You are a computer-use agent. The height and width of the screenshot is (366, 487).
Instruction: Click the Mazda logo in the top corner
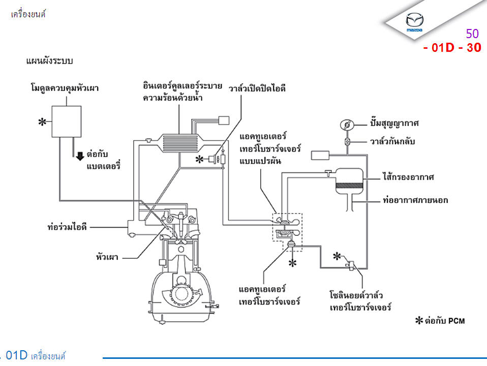(x=415, y=23)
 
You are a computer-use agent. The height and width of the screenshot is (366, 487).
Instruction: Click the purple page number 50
(x=472, y=34)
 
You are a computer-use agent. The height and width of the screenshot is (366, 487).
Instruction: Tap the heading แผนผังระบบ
(x=50, y=62)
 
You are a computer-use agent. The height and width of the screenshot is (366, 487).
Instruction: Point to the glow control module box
(x=67, y=121)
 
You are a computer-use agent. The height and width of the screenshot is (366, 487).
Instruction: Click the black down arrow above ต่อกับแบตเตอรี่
(x=80, y=156)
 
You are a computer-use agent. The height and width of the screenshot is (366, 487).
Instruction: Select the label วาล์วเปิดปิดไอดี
(x=257, y=88)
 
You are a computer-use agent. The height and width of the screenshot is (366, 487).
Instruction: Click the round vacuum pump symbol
(x=347, y=124)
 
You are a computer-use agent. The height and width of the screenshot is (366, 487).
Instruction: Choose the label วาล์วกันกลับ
(x=392, y=141)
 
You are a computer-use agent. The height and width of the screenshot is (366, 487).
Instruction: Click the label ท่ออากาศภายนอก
(x=415, y=200)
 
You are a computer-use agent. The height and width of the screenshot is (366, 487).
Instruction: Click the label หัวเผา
(x=108, y=257)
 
